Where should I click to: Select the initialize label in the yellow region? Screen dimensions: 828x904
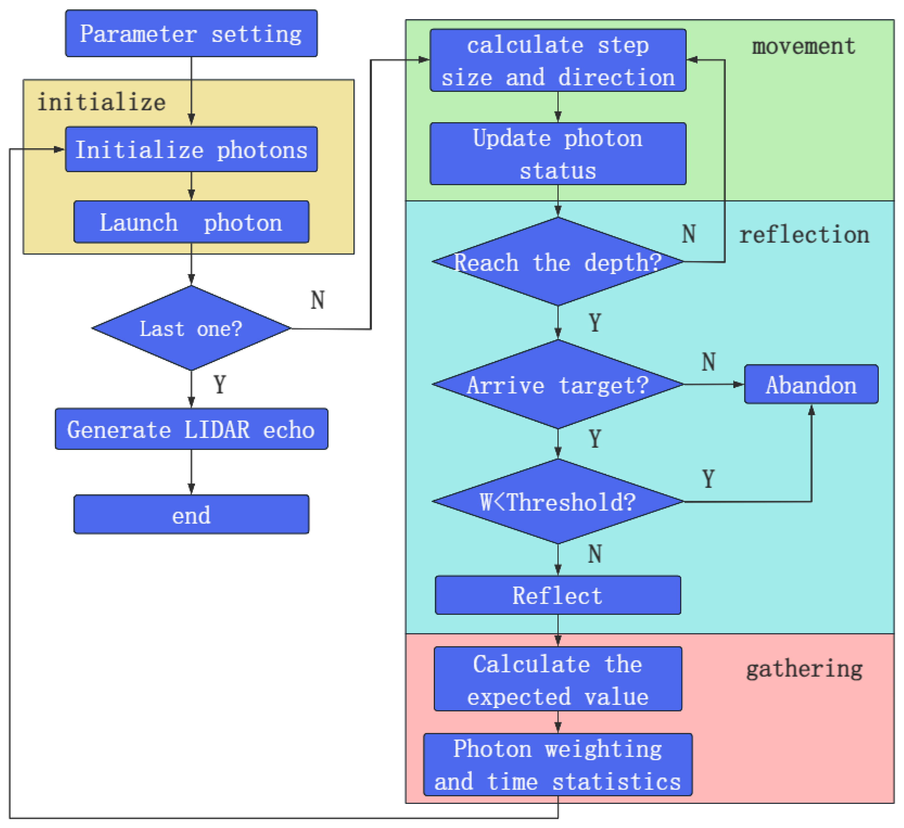click(101, 102)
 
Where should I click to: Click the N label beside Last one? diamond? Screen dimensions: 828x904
click(318, 300)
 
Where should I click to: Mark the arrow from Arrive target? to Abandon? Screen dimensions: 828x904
click(713, 385)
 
